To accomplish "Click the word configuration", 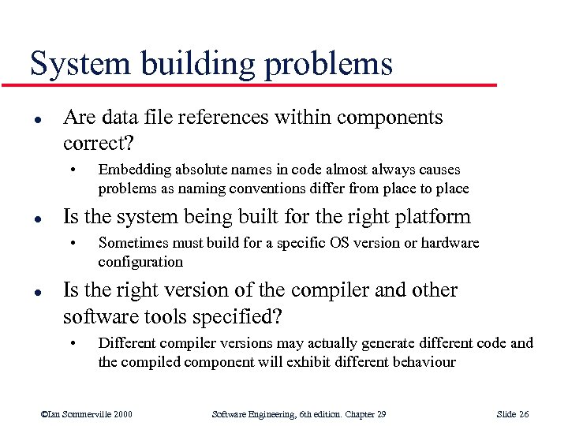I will [x=140, y=261].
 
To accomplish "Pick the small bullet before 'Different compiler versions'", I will [x=73, y=343].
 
